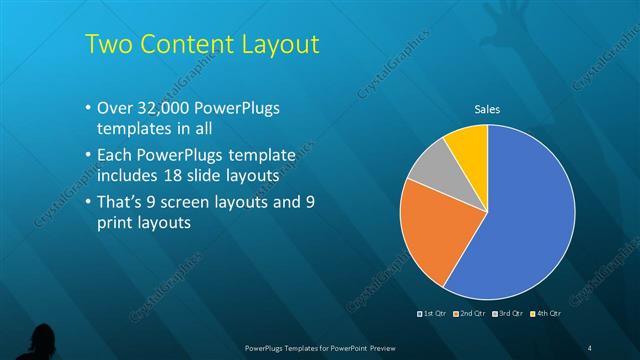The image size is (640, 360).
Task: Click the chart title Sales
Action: (x=487, y=109)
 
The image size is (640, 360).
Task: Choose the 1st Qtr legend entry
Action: (x=431, y=313)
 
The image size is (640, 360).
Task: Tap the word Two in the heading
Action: (x=106, y=45)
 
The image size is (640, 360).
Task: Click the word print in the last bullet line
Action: (x=117, y=224)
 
